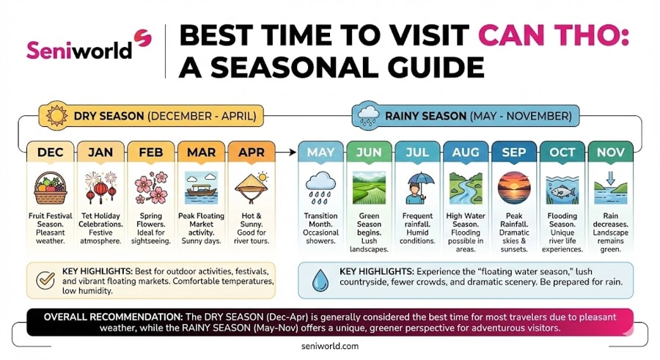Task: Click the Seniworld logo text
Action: (x=79, y=48)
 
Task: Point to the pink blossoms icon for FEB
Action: (x=150, y=187)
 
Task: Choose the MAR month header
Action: (x=201, y=153)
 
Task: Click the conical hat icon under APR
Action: (x=252, y=187)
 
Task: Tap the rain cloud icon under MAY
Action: (x=321, y=187)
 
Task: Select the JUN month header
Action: (x=369, y=153)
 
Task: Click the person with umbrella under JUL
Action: (x=417, y=187)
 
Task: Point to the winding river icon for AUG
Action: (x=466, y=187)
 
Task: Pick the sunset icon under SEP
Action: (x=513, y=187)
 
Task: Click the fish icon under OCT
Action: (x=562, y=188)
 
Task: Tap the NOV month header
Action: (x=610, y=153)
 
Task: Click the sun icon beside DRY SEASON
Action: (x=56, y=116)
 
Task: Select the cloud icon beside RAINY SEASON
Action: (x=367, y=116)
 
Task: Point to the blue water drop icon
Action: (x=320, y=281)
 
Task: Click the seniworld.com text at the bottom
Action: (x=329, y=345)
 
